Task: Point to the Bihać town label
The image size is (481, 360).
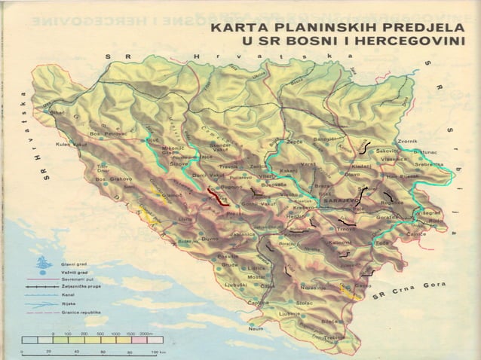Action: coord(58,112)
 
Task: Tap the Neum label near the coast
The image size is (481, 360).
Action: coord(256,328)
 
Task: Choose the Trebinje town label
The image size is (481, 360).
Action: coord(340,337)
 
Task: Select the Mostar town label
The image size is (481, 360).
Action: coord(257,277)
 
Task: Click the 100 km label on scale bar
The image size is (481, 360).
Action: coord(156,352)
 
